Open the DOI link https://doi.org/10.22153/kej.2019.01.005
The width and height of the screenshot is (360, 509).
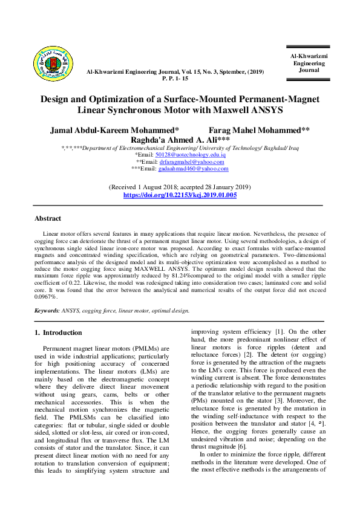tap(180, 195)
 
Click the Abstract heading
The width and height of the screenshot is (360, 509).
tap(48, 218)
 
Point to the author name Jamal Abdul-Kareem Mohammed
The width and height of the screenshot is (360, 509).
tap(113, 130)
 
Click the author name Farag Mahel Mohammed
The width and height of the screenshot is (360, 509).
tap(258, 130)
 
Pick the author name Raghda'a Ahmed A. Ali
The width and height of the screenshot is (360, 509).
tap(180, 139)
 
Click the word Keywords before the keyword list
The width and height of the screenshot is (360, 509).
tap(46, 310)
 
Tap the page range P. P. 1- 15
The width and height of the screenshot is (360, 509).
tap(175, 79)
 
